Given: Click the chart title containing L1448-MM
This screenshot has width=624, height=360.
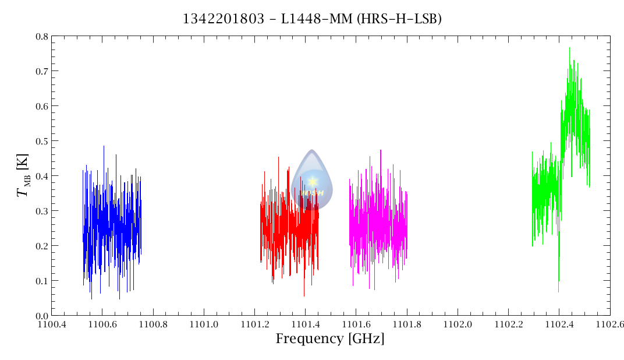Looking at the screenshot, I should click(312, 19).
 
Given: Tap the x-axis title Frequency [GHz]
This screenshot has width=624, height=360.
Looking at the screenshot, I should click(329, 339).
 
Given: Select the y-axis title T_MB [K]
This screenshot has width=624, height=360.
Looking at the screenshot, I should click(23, 176).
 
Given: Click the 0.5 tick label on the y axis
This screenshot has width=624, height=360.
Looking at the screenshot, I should click(41, 141).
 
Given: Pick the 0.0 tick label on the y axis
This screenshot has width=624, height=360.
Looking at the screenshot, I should click(41, 316).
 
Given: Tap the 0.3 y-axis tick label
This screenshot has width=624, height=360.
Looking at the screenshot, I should click(41, 211).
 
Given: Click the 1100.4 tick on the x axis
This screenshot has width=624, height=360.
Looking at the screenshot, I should click(52, 324).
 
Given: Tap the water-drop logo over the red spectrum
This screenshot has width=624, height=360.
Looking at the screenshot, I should click(312, 178).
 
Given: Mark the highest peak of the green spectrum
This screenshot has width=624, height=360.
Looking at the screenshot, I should click(569, 48).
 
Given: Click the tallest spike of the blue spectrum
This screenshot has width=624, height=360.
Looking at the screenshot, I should click(104, 147).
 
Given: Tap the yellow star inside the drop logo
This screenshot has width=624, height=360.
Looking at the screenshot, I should click(313, 182).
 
